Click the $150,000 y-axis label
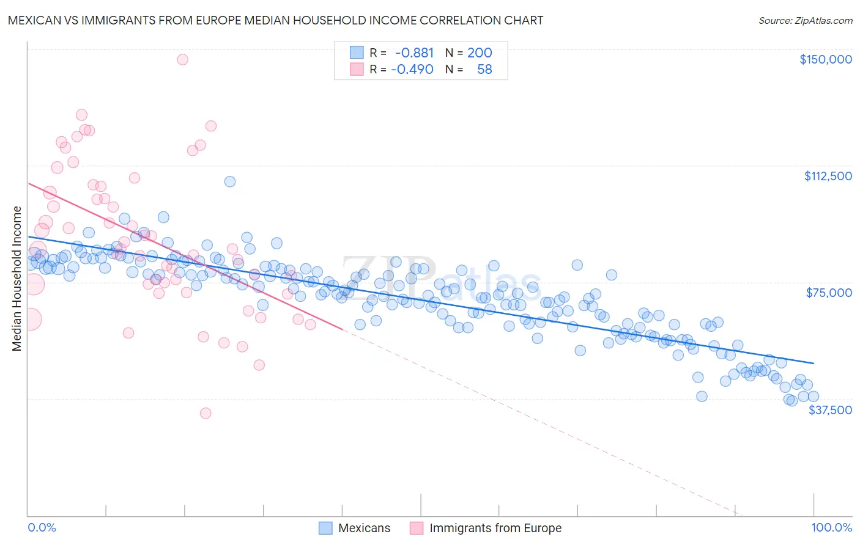pos(825,59)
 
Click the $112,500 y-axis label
pos(828,176)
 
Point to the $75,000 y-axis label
pos(829,293)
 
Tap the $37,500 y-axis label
pos(830,410)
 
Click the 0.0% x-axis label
pos(42,527)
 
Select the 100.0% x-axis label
pos(831,527)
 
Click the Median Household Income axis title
pos(17,279)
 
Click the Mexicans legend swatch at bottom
pos(325,528)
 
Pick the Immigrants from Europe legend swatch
pos(417,528)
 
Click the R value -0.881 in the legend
pos(414,53)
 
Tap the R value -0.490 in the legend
pos(412,70)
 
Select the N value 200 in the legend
pos(480,53)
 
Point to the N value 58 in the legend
pos(484,70)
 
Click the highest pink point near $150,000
pos(182,59)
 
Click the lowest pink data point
pos(206,414)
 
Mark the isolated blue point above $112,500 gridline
pos(230,181)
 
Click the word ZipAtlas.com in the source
pos(823,21)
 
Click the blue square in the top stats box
pos(357,53)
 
